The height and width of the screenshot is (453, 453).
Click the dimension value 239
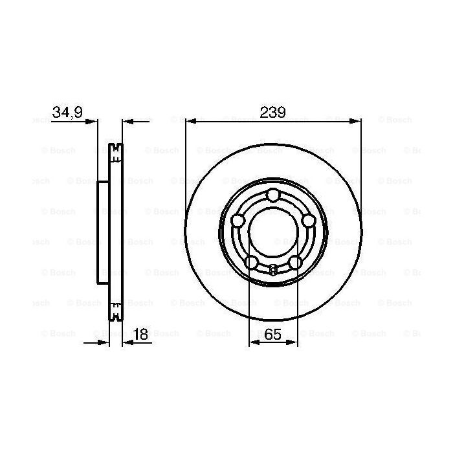coord(272,112)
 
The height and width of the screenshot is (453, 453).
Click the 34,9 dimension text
coord(67,112)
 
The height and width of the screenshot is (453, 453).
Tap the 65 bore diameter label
coord(272,334)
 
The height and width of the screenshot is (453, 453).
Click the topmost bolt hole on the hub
coord(272,195)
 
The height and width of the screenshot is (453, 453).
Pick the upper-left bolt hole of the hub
coord(238,221)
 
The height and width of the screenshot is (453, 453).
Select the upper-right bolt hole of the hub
coord(307,221)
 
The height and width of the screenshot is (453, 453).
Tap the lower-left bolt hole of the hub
coord(250,261)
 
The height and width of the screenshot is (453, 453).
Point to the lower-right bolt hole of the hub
coord(294,261)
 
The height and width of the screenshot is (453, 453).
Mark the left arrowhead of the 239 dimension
coord(189,120)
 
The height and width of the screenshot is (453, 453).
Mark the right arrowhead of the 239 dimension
coord(357,120)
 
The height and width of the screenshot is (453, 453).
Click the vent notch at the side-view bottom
coord(115,316)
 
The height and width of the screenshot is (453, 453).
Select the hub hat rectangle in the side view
coord(102,232)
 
